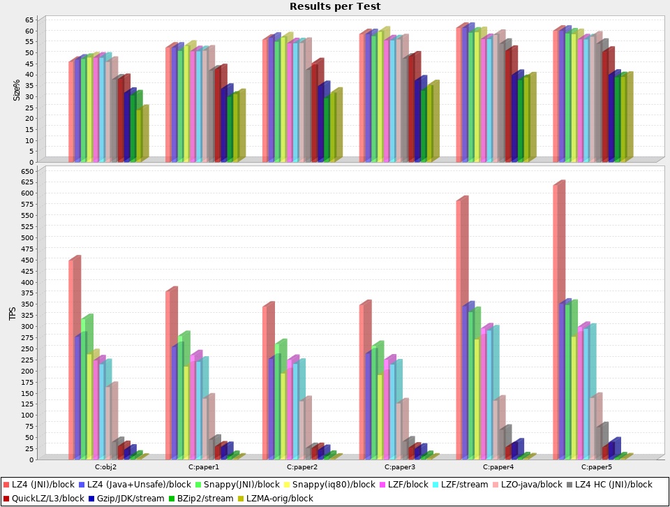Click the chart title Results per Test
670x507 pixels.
[x=335, y=6]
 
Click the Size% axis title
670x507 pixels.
[x=17, y=89]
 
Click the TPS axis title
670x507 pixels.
[x=12, y=314]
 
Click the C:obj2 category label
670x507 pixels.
[x=105, y=466]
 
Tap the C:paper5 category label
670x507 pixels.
[x=594, y=466]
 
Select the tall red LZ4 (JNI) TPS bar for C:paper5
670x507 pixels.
[x=558, y=321]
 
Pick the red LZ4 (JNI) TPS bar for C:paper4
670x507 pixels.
[x=460, y=328]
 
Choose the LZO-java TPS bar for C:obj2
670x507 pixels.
[x=108, y=422]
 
